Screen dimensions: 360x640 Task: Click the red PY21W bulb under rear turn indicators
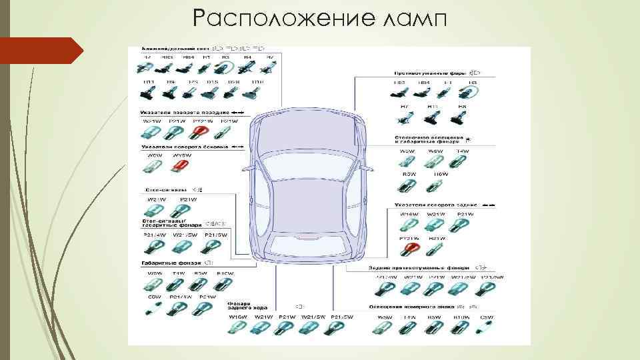coord(409,250)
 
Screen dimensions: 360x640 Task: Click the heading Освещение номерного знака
coord(407,307)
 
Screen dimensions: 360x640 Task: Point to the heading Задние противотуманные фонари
coord(421,268)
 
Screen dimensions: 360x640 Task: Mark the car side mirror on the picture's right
coord(365,166)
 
